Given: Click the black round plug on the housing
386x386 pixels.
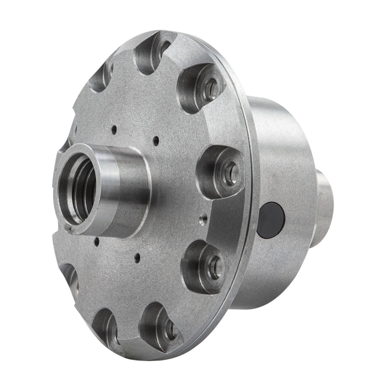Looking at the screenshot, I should pos(271,220).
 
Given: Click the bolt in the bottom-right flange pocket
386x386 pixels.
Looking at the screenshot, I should pos(170,329).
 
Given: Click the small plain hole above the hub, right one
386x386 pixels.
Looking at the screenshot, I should pos(155,140).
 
